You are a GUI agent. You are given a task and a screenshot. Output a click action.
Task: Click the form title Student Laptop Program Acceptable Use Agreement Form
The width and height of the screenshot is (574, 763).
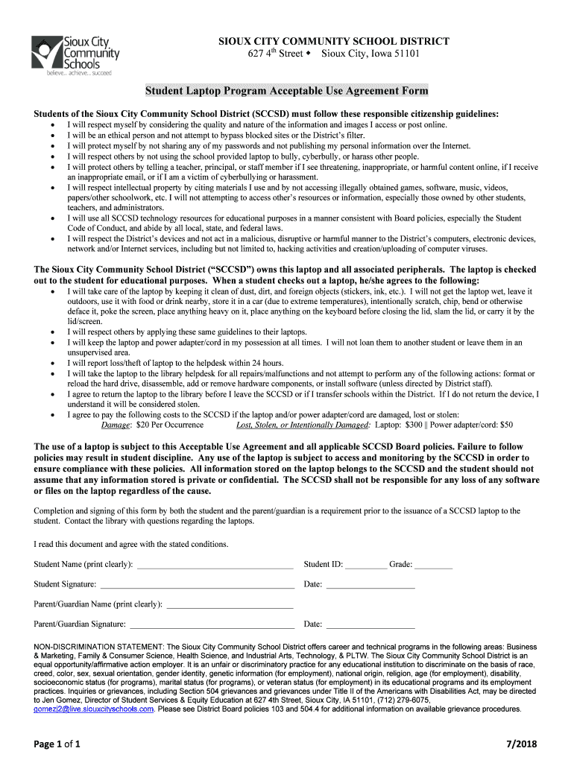pyautogui.click(x=286, y=91)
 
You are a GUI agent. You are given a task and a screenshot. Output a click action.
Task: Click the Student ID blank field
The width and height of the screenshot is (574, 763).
pyautogui.click(x=365, y=566)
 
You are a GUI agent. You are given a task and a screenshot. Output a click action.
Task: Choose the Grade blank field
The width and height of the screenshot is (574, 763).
pyautogui.click(x=433, y=566)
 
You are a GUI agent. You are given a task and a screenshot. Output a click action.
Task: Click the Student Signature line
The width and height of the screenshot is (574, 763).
pyautogui.click(x=197, y=586)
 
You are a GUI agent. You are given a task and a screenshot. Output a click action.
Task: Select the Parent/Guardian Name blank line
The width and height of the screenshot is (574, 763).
pyautogui.click(x=230, y=605)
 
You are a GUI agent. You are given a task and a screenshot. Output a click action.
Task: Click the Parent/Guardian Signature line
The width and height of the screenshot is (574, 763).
pyautogui.click(x=211, y=625)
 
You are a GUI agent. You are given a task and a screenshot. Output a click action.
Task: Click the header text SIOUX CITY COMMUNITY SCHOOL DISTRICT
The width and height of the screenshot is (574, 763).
pyautogui.click(x=328, y=41)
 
